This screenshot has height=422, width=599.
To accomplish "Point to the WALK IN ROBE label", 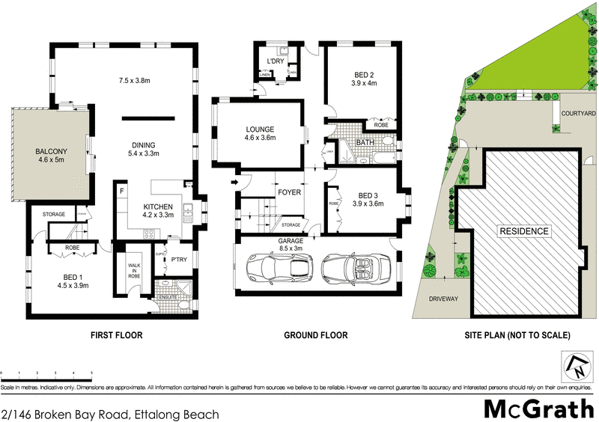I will (x=134, y=271).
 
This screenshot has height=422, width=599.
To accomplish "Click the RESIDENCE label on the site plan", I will (x=524, y=231).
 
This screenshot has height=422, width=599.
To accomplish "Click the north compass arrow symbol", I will (x=577, y=366).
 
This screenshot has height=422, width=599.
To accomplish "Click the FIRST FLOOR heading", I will (x=117, y=335).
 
